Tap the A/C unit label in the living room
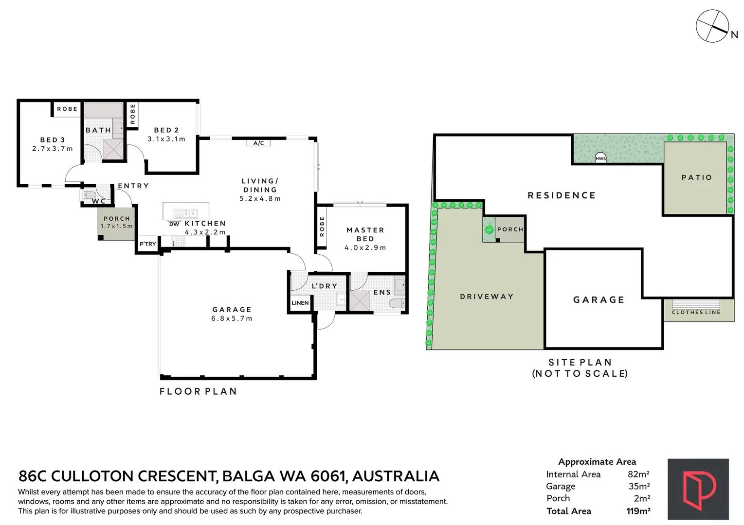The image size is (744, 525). point(258,143)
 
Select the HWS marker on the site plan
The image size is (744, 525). point(600,158)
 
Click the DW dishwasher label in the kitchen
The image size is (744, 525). point(174,224)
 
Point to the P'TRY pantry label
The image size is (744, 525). point(148,244)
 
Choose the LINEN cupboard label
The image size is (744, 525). point(300,303)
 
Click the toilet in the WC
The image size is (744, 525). point(89,194)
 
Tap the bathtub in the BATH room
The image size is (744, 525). point(104,109)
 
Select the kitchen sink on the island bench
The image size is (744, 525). point(186,213)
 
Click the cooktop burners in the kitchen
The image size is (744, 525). point(180,241)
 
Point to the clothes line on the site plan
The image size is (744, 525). point(696,304)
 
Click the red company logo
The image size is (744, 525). point(698,489)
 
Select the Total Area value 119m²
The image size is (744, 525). point(638,511)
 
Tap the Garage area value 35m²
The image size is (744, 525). point(639,486)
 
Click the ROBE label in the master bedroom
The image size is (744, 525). point(322,227)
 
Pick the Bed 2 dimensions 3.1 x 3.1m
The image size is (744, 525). point(166,139)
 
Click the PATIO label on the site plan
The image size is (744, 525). point(696,177)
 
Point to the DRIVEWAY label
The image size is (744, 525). point(487,297)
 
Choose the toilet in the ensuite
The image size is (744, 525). point(397,303)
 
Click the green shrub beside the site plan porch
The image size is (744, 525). point(488,229)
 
